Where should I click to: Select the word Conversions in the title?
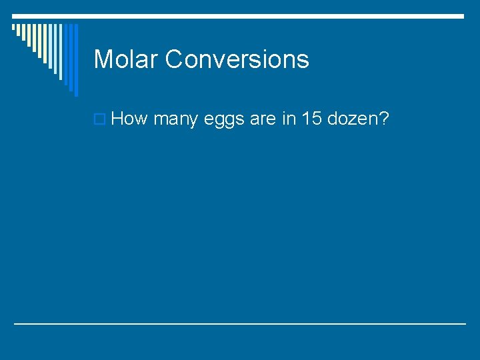[x=237, y=59]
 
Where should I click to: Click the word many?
[x=175, y=121]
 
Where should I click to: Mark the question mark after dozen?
[x=384, y=119]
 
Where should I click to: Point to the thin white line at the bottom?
[x=240, y=323]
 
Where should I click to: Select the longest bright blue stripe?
[x=75, y=60]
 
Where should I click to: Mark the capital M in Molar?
[x=103, y=59]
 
